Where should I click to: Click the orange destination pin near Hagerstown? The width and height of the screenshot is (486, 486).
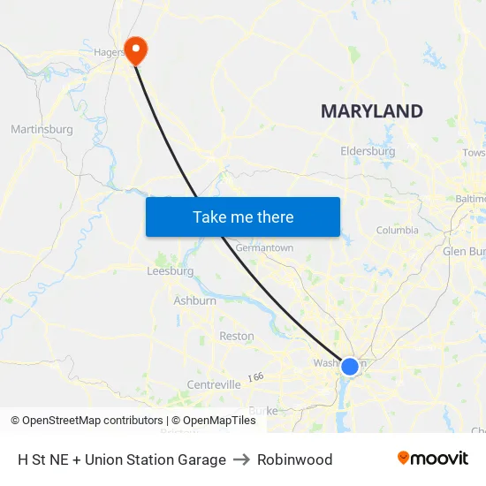[x=135, y=48]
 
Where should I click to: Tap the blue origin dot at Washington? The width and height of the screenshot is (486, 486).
[x=350, y=366]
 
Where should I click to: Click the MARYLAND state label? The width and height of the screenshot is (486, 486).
[x=371, y=111]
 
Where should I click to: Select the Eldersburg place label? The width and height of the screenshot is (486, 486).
[x=368, y=151]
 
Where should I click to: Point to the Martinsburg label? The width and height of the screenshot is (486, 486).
[x=42, y=130]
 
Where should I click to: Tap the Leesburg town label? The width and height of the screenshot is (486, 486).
[x=170, y=271]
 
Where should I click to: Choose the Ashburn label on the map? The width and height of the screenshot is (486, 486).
[x=194, y=301]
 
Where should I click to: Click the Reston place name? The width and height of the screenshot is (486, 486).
[x=236, y=336]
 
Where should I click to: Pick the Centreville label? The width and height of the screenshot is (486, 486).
[x=214, y=384]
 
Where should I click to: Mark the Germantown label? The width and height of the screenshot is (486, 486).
[x=264, y=248]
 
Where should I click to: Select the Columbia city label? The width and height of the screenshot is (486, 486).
[x=397, y=230]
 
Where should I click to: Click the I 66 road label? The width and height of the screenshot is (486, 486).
[x=255, y=377]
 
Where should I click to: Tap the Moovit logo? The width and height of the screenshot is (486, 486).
[x=433, y=459]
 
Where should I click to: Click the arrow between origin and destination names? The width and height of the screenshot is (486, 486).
[x=241, y=459]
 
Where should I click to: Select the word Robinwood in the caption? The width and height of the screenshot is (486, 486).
[x=295, y=459]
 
